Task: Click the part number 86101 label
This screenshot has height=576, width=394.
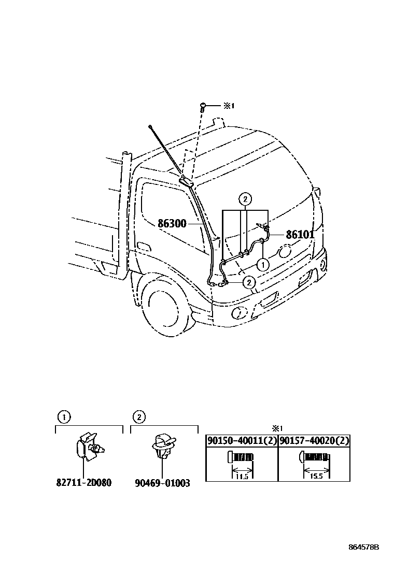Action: coord(300,234)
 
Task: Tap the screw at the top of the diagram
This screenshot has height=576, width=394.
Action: coord(203,107)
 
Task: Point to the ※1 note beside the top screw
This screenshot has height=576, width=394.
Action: coord(229,106)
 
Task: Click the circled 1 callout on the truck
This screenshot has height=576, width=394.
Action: coord(263,264)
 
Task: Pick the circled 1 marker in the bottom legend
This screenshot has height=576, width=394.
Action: coord(62,416)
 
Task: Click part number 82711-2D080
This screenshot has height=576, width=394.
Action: coord(84,483)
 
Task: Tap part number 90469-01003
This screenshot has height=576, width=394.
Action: coord(162,483)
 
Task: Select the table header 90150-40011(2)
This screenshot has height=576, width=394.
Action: coord(242,441)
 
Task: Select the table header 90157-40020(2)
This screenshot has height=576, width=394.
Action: coord(314,441)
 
